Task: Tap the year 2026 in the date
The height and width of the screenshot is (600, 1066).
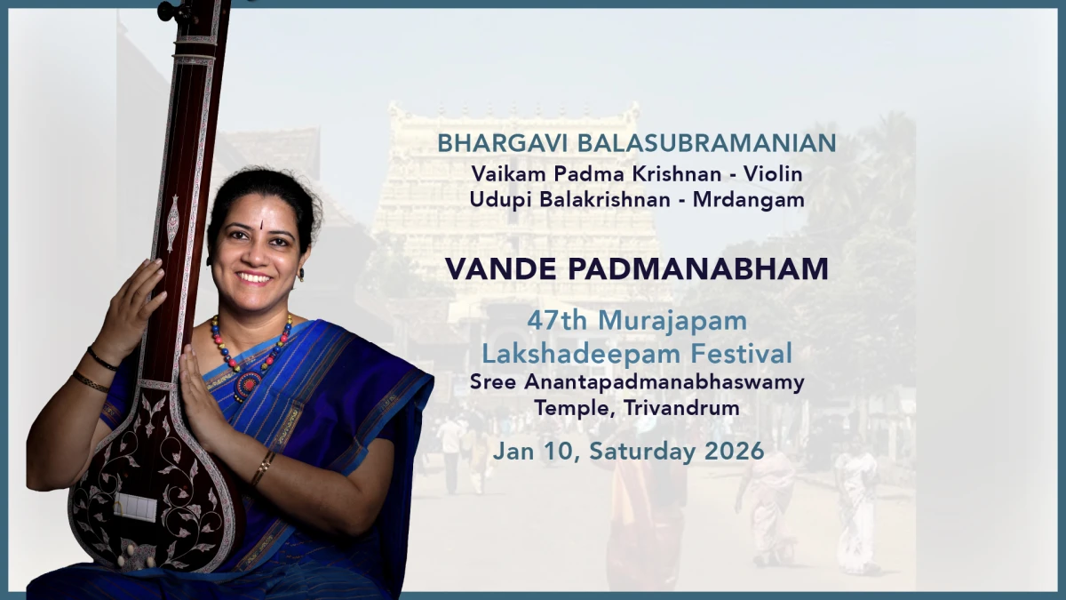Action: pos(734,451)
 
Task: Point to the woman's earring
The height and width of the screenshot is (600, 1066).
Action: pos(301,275)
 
